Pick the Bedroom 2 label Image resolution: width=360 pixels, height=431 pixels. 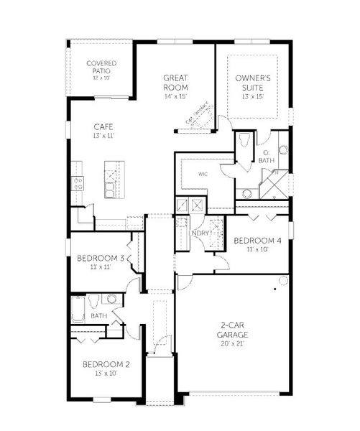106,365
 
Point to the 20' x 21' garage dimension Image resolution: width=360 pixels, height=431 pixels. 234,344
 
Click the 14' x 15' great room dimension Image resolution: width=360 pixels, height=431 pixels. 175,95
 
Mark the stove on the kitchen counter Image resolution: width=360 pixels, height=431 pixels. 77,184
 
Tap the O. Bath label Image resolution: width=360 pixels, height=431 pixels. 266,157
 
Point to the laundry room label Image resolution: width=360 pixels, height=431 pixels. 199,233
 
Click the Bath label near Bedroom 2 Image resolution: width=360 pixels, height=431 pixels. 98,315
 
